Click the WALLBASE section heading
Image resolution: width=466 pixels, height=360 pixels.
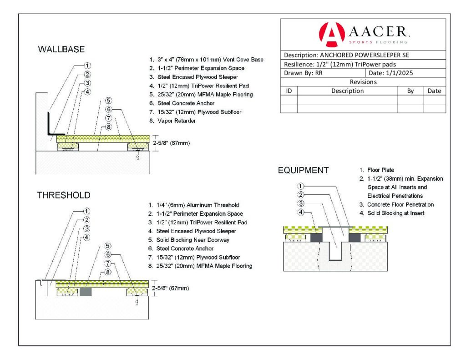[x=61, y=49]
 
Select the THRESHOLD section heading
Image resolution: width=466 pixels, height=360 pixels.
[x=64, y=195]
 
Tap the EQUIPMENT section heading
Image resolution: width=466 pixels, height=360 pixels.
[x=303, y=171]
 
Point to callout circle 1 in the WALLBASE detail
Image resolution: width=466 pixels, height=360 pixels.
[x=87, y=65]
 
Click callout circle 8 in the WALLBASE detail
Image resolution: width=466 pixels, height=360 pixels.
[x=108, y=127]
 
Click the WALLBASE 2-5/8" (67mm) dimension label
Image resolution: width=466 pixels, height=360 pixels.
[x=171, y=143]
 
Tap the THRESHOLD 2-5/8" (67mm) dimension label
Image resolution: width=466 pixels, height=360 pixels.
[x=171, y=288]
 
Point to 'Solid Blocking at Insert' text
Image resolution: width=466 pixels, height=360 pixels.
[x=396, y=213]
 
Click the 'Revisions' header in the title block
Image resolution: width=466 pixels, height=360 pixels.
[x=363, y=82]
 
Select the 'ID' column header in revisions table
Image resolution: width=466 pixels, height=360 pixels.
[x=289, y=91]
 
